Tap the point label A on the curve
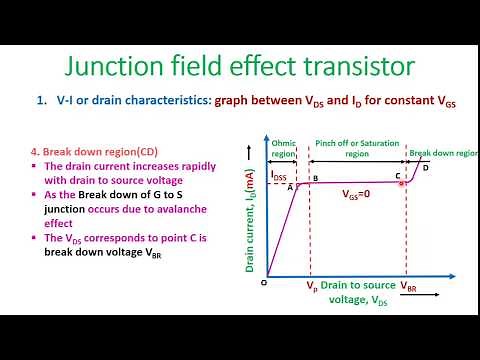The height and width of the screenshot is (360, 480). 290,186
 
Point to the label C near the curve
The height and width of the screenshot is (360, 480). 398,175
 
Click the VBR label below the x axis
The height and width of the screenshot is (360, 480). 409,287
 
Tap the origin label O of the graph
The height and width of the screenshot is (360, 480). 264,282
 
